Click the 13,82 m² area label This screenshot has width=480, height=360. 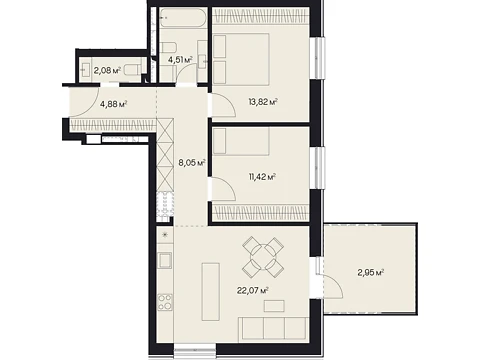point(263,102)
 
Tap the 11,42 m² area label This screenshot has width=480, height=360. point(262,177)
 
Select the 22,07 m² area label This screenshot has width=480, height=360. point(253,290)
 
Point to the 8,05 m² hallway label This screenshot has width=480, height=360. point(192,163)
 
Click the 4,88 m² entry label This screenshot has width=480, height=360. point(114,104)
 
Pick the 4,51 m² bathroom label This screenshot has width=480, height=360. point(180,60)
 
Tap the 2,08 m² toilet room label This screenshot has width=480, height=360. point(107,71)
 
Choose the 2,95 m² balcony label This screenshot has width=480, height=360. point(371,273)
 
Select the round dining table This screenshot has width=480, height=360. point(263,257)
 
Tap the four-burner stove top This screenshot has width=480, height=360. point(165,302)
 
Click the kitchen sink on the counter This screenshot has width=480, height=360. point(165,260)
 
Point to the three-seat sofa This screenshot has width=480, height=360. point(272,328)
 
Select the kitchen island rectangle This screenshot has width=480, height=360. point(211,291)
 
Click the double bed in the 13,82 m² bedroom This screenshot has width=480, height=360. point(241,59)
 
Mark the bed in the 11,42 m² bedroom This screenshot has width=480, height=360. point(241,141)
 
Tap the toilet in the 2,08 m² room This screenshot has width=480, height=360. point(133,70)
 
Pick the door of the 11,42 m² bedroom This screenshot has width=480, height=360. point(223,189)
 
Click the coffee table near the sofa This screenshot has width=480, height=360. point(274,306)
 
